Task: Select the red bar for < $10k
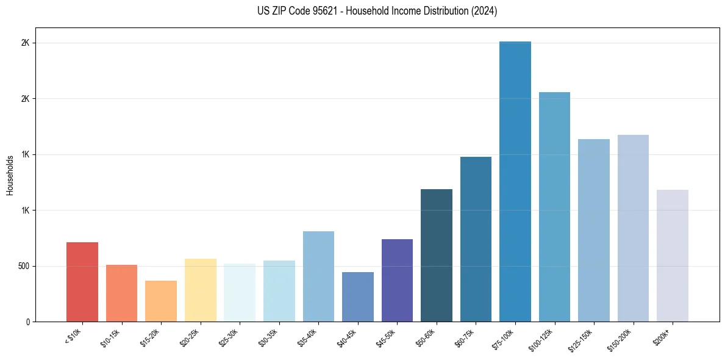[x=82, y=282]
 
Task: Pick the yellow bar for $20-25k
[x=200, y=290]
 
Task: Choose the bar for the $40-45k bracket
[x=358, y=297]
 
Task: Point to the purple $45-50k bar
[x=397, y=280]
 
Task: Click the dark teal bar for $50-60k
[x=437, y=255]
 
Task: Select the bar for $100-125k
[x=554, y=207]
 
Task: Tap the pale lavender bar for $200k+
[x=672, y=256]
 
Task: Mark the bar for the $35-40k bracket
[x=318, y=276]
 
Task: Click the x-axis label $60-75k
[x=465, y=337]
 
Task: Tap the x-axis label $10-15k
[x=110, y=337]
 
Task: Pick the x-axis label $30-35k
[x=268, y=337]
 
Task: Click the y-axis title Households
[x=10, y=175]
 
